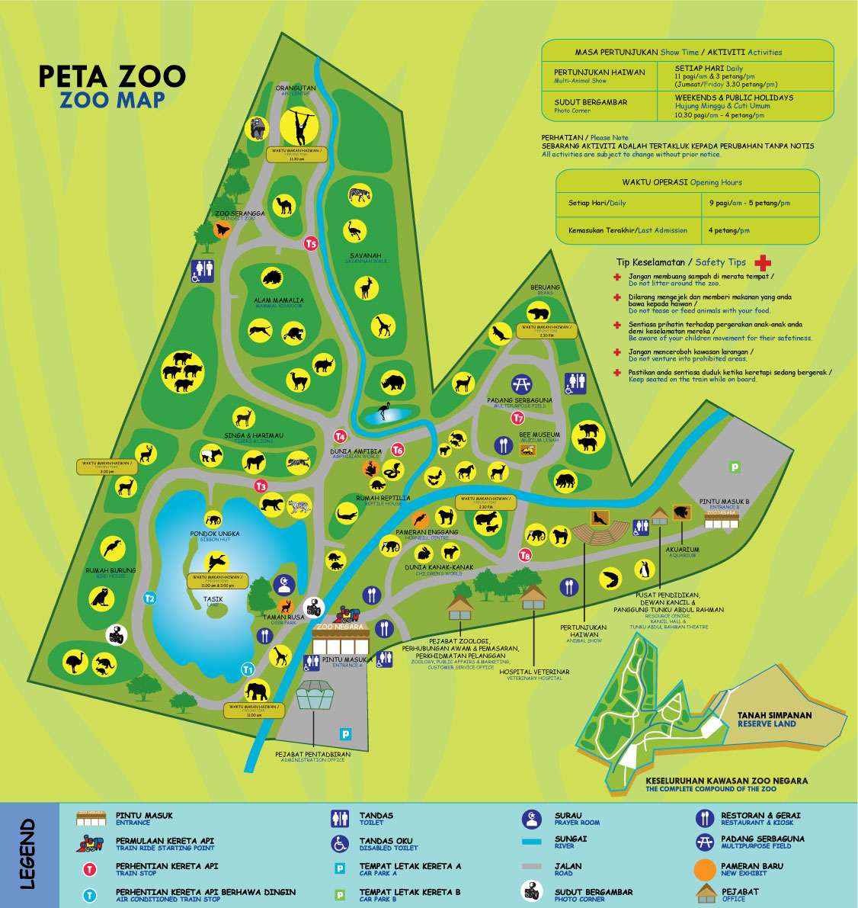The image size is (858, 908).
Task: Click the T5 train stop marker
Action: coord(310,244)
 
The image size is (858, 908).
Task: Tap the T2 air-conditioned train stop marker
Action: coord(150,598)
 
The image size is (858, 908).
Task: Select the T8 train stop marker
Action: coord(525,556)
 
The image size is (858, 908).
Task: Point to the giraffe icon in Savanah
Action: coord(383,326)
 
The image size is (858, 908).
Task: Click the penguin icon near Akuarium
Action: coord(645,570)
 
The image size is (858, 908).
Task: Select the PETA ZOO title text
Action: coord(112,76)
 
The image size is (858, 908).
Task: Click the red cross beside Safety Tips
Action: coord(762,262)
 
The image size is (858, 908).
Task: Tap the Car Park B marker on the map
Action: coord(735,467)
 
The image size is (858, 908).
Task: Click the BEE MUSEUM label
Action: coord(539,435)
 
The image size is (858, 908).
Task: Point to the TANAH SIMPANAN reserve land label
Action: coord(774,716)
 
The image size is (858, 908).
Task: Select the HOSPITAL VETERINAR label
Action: coord(534,672)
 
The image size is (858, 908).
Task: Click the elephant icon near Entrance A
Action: coord(257,691)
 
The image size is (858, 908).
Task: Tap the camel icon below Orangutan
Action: coord(285,204)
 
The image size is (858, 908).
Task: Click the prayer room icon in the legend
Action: coord(531,820)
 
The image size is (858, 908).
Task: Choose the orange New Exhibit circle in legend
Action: coord(706,869)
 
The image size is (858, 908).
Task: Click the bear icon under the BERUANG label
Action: coord(538,312)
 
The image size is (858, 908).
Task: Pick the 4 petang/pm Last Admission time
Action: coord(728,230)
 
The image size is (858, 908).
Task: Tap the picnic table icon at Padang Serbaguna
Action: coord(522,384)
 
